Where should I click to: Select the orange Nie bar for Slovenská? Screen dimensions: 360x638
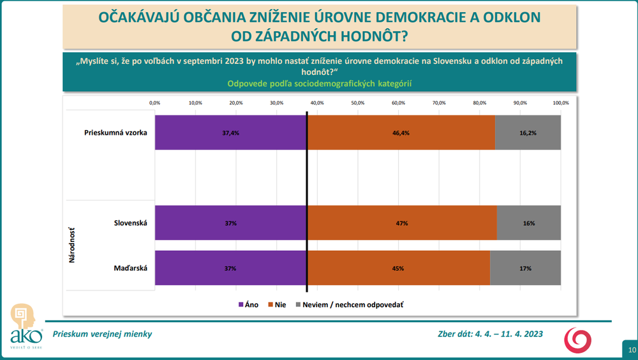click(402, 223)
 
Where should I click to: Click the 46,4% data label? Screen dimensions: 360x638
click(401, 133)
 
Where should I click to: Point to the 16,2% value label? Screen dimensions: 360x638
click(528, 133)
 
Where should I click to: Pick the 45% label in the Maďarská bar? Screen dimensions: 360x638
click(399, 269)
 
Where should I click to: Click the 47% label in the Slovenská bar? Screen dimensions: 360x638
click(401, 223)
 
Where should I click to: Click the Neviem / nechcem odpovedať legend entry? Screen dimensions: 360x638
click(348, 304)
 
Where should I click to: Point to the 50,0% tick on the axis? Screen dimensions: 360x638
click(357, 102)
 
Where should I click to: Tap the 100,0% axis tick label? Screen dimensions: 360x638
click(560, 102)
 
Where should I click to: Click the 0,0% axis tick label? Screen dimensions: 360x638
click(154, 102)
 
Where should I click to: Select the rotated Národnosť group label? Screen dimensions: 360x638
click(72, 245)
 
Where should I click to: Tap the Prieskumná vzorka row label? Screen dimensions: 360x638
click(115, 133)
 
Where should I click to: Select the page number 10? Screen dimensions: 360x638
click(631, 350)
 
